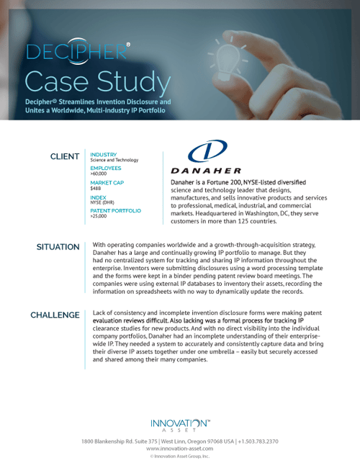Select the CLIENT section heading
[65, 156]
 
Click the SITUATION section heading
[58, 247]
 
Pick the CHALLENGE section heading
[55, 315]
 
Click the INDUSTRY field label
[104, 153]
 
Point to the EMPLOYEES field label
[107, 167]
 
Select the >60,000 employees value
[99, 173]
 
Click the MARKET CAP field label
[107, 183]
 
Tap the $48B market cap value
[96, 189]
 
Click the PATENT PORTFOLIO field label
[116, 210]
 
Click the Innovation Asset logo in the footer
[180, 426]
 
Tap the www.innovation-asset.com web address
[180, 448]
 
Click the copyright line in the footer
[180, 456]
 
